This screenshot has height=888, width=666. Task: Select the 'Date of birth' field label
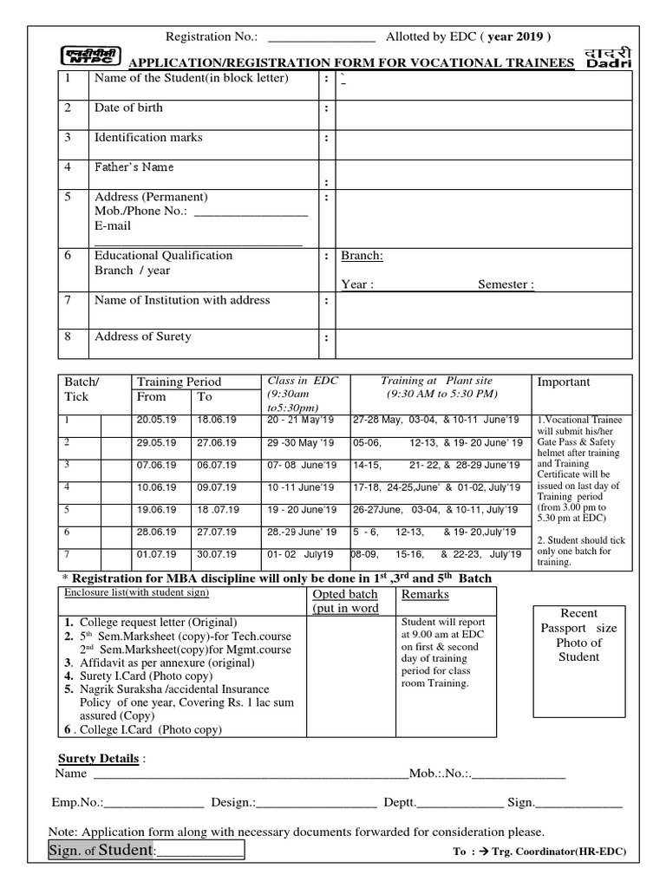click(x=128, y=108)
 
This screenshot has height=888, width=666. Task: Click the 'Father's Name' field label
click(x=134, y=167)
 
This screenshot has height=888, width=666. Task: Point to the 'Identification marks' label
click(x=148, y=138)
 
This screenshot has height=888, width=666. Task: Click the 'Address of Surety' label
click(x=143, y=336)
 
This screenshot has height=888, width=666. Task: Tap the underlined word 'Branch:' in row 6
click(x=362, y=256)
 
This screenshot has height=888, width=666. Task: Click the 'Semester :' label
click(x=506, y=284)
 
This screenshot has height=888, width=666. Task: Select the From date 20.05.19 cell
click(x=156, y=420)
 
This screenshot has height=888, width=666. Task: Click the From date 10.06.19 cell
click(x=156, y=487)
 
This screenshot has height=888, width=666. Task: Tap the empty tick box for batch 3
click(x=114, y=465)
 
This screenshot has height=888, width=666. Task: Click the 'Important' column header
click(x=564, y=382)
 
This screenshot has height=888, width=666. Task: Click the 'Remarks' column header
click(x=425, y=595)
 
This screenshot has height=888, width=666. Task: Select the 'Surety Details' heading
click(x=98, y=759)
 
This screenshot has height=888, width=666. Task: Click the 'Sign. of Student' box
click(x=147, y=851)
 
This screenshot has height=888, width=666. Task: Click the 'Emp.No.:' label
click(x=80, y=803)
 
